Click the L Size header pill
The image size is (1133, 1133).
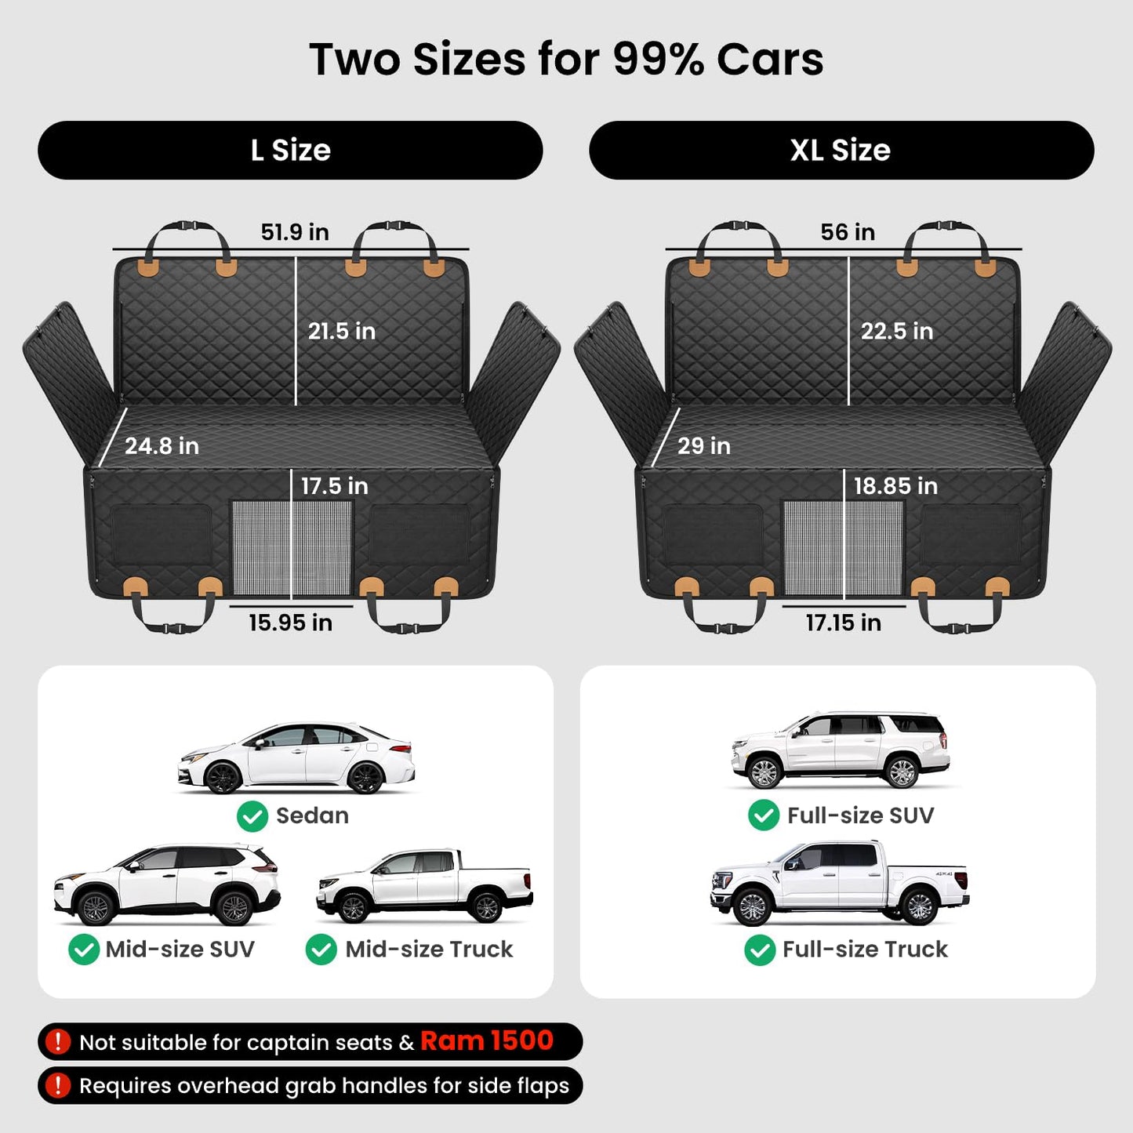290,150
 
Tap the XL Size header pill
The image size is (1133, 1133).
841,150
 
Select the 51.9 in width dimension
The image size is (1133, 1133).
295,231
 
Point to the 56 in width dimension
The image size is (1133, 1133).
848,231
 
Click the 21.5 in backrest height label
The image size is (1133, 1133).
342,331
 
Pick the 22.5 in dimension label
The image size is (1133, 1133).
897,331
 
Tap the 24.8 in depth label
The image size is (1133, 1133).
162,445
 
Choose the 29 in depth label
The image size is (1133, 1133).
704,445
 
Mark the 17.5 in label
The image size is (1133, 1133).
335,486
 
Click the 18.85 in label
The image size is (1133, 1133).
895,486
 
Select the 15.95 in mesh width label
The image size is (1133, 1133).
290,623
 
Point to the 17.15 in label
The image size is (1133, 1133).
843,623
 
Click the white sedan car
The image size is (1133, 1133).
296,758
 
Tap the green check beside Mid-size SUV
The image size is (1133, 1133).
83,950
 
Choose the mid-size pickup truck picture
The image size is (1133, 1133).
424,886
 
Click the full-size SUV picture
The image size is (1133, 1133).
841,750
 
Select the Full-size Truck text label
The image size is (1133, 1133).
865,950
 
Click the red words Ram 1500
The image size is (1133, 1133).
487,1040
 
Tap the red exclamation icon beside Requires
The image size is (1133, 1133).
57,1085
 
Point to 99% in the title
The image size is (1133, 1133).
659,60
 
